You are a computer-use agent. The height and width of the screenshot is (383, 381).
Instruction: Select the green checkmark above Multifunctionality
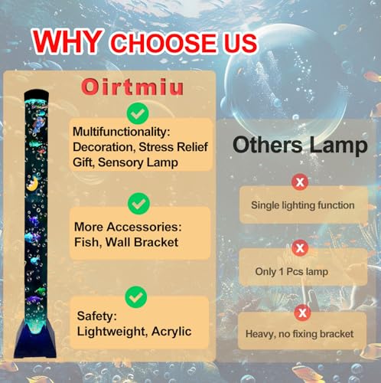coord(138,115)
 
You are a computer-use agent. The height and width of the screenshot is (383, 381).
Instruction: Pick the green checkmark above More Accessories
coord(138,205)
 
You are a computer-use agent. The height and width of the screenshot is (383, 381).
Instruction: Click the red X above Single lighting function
coord(301,182)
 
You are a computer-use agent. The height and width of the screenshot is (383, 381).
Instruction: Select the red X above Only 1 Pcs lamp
coord(301,248)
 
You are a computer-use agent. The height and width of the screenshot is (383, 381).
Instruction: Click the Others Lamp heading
coord(300,144)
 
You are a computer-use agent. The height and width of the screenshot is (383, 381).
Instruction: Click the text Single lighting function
coord(303,205)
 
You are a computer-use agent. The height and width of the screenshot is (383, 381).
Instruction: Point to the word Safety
coord(96,316)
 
